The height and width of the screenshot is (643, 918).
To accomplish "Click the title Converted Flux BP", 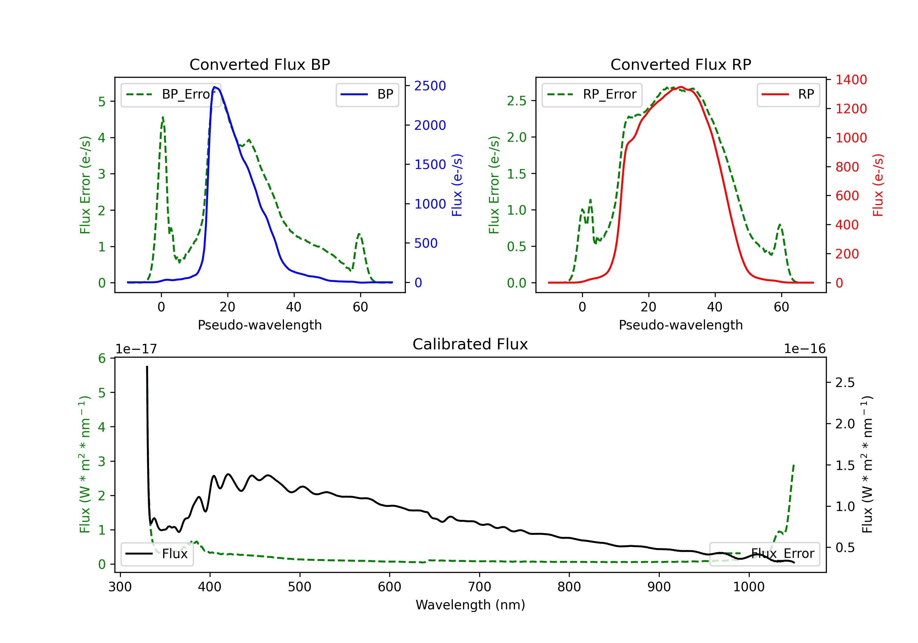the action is [259, 64].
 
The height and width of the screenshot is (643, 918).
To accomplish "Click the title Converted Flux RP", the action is [681, 64].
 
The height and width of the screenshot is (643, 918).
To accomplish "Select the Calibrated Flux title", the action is [470, 344].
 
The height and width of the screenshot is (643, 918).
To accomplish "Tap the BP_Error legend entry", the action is [171, 94].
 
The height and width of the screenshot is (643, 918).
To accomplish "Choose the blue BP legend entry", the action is [367, 94].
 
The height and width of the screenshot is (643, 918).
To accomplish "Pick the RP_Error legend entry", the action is [592, 94].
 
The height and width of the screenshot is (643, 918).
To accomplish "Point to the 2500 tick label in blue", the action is [430, 86].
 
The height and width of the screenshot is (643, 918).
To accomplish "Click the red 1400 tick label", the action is [851, 80].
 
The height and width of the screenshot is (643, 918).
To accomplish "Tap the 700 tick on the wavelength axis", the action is [480, 587].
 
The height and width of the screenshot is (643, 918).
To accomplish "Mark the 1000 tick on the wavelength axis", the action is [749, 587].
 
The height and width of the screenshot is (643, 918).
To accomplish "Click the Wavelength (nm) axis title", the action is [470, 605].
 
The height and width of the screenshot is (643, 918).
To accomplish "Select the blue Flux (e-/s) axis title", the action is [457, 185].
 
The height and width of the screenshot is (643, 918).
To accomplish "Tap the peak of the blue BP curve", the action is [215, 87].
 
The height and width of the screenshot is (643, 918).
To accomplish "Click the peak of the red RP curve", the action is [681, 87].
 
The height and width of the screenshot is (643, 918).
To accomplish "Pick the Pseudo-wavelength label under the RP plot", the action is [681, 325].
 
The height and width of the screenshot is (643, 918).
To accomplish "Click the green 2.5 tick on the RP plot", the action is [517, 101].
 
